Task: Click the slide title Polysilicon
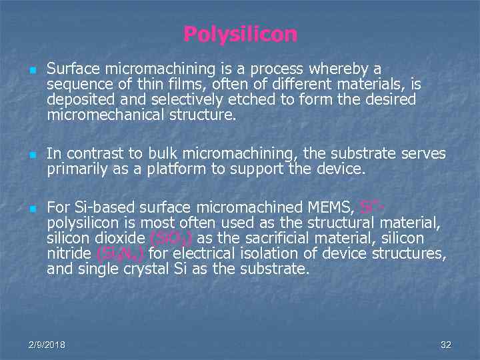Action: click(240, 34)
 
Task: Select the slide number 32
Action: click(446, 345)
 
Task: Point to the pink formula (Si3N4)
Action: click(121, 254)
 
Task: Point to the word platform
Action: click(179, 169)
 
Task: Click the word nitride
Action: click(69, 254)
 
